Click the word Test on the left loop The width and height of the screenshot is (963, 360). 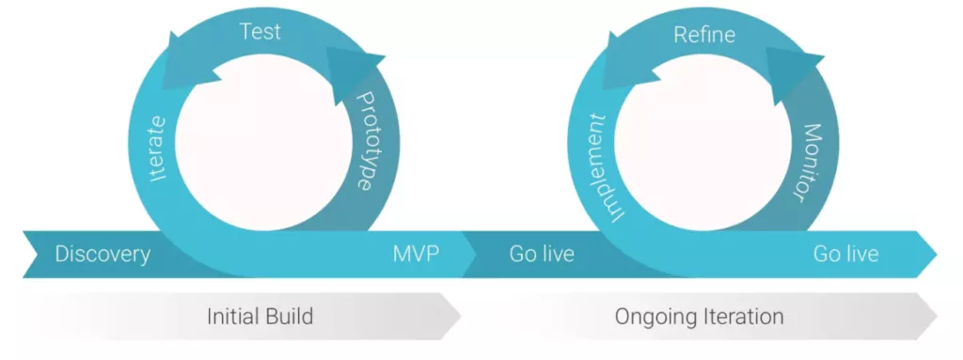[260, 31]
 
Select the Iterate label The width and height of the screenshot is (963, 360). [158, 148]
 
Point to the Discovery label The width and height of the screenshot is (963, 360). [103, 254]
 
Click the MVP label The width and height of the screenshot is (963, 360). [416, 254]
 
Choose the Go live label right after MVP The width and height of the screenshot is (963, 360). [542, 254]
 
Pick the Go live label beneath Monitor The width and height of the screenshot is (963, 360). [845, 254]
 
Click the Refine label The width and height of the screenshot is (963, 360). [703, 34]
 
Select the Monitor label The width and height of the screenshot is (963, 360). [805, 163]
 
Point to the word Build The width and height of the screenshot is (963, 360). [288, 317]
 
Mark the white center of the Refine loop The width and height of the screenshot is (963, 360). [703, 143]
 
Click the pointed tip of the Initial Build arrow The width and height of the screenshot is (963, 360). [461, 317]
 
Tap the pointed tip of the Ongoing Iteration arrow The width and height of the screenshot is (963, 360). [938, 317]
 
